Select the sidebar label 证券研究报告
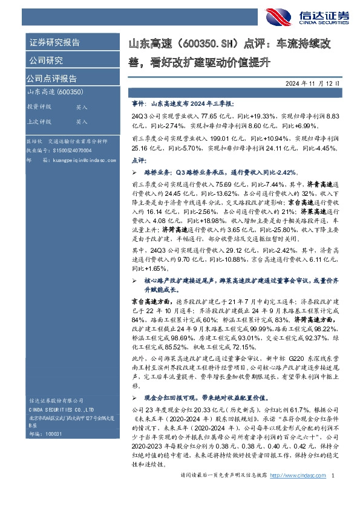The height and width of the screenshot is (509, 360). pyautogui.click(x=54, y=42)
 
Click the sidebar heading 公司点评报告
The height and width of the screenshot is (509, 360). pyautogui.click(x=51, y=79)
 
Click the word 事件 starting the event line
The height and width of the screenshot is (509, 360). pyautogui.click(x=138, y=104)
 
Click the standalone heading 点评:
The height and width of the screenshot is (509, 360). pyautogui.click(x=139, y=162)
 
